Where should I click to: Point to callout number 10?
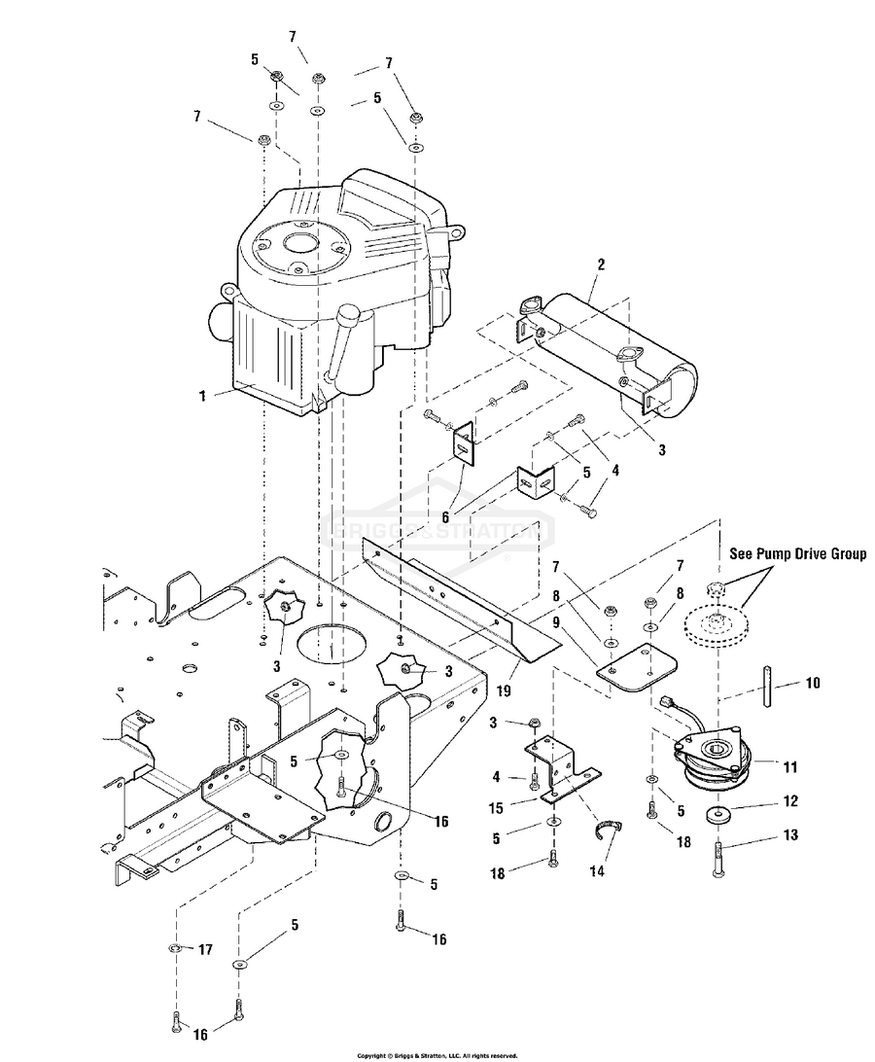[811, 684]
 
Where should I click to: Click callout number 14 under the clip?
[596, 871]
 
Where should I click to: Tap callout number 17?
[204, 948]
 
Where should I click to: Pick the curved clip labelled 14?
[609, 829]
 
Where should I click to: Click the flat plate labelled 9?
[638, 666]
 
